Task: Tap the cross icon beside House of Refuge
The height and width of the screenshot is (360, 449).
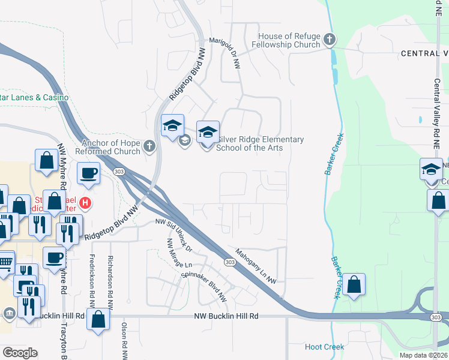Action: [x=328, y=40]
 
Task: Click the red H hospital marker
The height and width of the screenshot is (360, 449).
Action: [x=85, y=203]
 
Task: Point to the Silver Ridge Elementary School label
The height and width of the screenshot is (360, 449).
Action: [x=259, y=143]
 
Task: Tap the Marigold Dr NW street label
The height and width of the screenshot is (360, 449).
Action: [x=225, y=51]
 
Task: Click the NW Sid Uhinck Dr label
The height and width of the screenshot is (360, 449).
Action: [x=173, y=234]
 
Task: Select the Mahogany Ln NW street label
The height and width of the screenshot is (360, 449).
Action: [x=256, y=266]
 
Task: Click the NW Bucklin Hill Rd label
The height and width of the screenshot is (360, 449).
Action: [x=226, y=316]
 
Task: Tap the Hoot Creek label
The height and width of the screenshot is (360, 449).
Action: [x=324, y=347]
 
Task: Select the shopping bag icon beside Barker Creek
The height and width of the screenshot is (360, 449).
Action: [x=354, y=285]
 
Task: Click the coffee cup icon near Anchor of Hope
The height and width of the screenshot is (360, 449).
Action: [x=89, y=173]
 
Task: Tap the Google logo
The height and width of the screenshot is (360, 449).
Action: [x=20, y=353]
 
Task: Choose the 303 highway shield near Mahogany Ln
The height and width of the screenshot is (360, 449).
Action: [x=230, y=262]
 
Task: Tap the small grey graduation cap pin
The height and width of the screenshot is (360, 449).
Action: [x=185, y=140]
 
